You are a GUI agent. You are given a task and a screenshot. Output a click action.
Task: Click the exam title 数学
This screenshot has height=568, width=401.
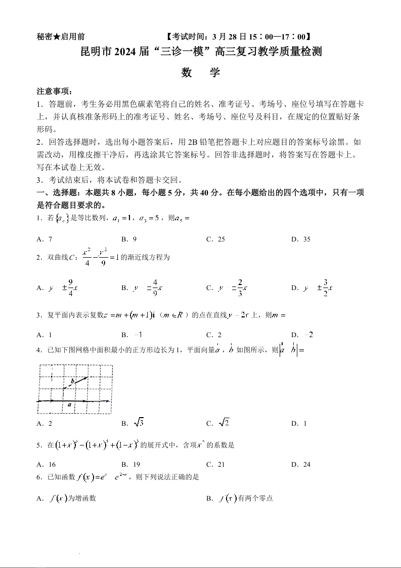[x=200, y=72]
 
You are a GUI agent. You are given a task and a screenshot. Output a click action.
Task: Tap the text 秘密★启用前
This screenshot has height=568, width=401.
[x=61, y=36]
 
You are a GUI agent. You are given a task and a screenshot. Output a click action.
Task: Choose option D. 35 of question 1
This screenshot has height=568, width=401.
[x=300, y=239]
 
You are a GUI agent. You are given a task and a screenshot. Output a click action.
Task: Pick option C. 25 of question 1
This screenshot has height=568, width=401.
[x=215, y=239]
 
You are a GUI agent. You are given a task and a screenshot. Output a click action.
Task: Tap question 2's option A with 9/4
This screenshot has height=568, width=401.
[x=57, y=288]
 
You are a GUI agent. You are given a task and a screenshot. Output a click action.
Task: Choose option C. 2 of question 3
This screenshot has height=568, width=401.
[x=214, y=335]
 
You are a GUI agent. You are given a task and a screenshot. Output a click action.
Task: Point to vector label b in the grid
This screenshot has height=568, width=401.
[x=72, y=381]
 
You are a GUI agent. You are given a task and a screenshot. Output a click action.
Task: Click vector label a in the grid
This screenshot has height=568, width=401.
[x=69, y=405]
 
